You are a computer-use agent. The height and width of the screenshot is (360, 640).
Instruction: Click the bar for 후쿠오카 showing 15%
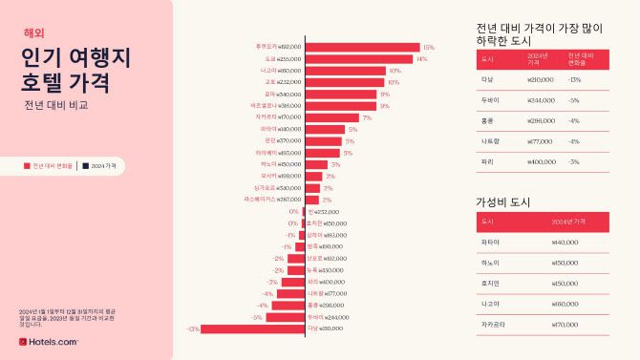point(362,47)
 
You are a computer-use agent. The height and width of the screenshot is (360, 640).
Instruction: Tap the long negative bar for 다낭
point(252,328)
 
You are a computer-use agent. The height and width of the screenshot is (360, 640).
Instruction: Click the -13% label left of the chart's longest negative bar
point(193,328)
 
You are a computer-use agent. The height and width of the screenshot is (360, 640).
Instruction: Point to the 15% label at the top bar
point(428,47)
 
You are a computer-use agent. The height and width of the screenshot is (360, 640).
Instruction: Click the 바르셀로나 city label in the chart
point(264,105)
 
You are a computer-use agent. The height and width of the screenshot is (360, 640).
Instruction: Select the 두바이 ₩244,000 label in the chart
point(328,316)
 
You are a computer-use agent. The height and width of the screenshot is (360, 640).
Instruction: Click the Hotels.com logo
point(48,341)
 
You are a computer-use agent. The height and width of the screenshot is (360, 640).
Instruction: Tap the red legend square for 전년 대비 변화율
point(28,165)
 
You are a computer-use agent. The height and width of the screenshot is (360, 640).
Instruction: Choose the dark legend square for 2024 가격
point(84,165)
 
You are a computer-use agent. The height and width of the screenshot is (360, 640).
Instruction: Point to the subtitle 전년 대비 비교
point(56,105)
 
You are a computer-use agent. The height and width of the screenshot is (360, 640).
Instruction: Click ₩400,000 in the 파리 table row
point(542,161)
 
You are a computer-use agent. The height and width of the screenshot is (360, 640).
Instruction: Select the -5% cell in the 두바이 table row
point(574,99)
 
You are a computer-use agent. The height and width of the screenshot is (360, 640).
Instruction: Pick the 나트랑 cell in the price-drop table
point(491,140)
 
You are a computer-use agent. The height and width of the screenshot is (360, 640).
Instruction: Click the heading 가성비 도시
point(502,202)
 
